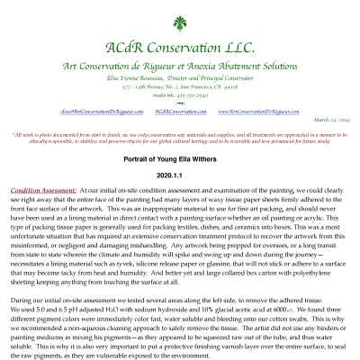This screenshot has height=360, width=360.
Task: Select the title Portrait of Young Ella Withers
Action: (180, 157)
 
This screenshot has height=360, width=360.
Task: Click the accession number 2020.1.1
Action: (180, 174)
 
